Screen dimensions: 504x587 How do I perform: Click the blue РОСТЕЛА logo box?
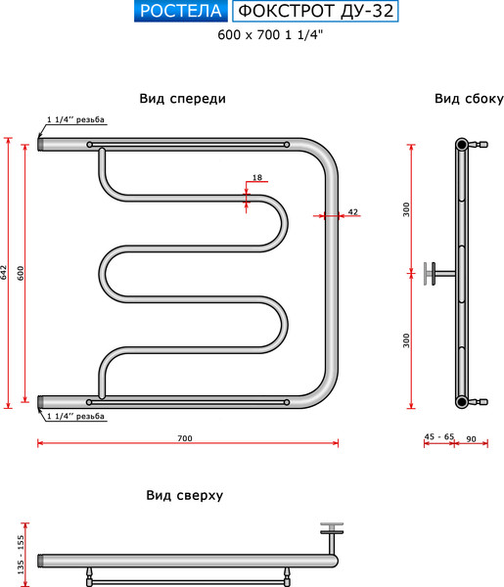point(181,11)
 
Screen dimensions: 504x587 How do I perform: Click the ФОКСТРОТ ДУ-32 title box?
point(315,11)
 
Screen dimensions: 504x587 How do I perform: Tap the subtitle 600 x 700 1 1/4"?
point(270,35)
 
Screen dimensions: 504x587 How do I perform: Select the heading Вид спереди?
point(183,99)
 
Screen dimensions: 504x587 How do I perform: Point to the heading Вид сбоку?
point(469,99)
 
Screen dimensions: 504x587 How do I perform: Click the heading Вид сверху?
point(185,495)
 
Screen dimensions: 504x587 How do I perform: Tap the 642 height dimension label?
point(4,273)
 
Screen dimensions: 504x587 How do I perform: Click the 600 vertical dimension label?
point(21,273)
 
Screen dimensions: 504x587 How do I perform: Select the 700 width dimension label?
point(185,438)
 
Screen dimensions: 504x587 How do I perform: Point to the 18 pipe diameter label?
point(257,177)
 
